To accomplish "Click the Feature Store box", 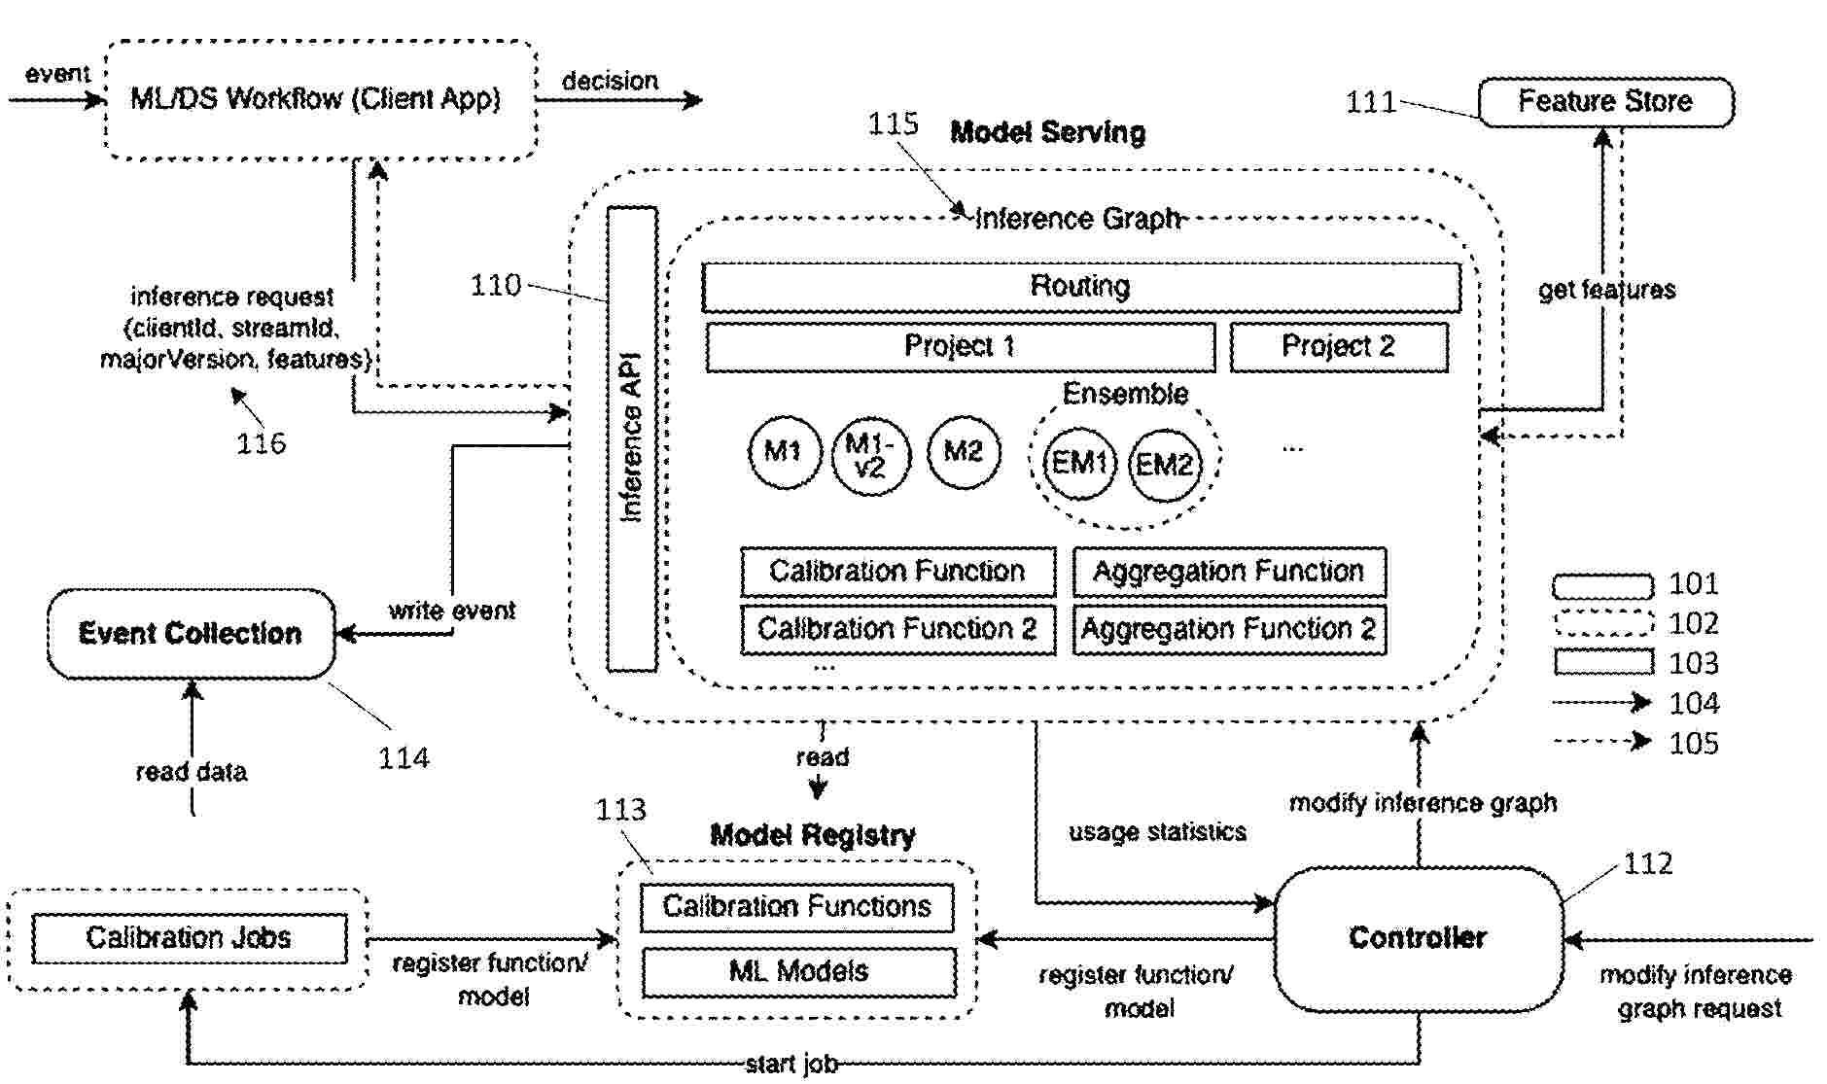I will (x=1605, y=102).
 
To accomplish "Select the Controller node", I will (x=1417, y=938).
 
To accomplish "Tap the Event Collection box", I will (x=191, y=634).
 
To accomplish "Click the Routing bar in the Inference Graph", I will (x=1080, y=287).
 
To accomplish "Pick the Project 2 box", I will (x=1338, y=347).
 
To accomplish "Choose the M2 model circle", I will (x=963, y=452).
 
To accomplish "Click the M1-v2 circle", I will (x=870, y=455).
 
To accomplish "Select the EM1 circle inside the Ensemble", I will (x=1079, y=463).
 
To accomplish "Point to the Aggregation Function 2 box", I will (x=1229, y=630).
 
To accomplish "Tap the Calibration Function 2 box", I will (x=896, y=630).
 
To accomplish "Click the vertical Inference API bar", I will (x=632, y=437).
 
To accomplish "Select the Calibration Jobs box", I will (x=189, y=938).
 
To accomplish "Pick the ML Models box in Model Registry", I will (x=798, y=971).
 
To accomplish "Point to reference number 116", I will (x=261, y=444).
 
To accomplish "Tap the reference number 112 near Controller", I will (x=1647, y=863).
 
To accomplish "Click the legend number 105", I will (x=1693, y=744).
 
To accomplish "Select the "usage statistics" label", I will (x=1157, y=832).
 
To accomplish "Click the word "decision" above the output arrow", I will (x=610, y=81).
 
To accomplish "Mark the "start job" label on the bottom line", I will (x=791, y=1065).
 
